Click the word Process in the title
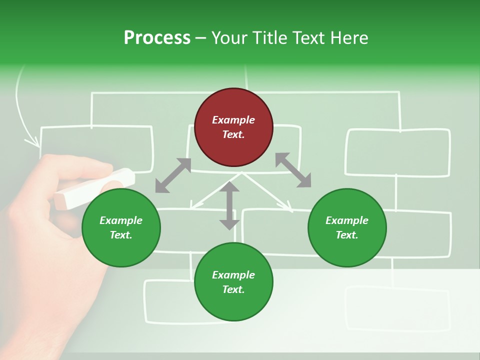[157, 38]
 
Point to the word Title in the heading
[269, 38]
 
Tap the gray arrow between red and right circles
[293, 170]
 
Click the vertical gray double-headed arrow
[229, 205]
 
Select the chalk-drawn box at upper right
[398, 152]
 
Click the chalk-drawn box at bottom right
[398, 308]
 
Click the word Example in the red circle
[233, 120]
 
